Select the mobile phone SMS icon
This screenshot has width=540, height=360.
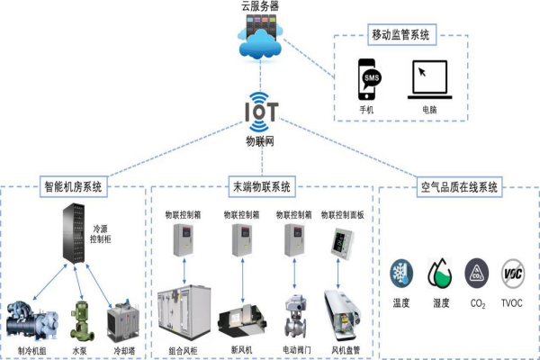coord(369,81)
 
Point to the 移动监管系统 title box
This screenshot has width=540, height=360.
coord(402,37)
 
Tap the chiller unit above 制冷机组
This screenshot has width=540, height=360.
coord(33,320)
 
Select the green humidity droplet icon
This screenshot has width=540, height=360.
coord(439,274)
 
